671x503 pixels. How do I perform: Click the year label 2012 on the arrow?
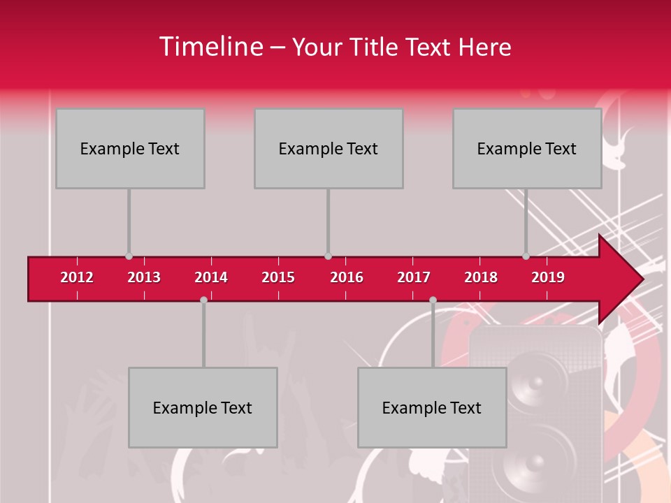(77, 277)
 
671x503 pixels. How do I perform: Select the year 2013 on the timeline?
(144, 277)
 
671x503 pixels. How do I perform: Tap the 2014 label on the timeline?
(211, 277)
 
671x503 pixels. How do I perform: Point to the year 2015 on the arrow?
(278, 277)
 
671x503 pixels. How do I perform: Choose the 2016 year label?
(347, 277)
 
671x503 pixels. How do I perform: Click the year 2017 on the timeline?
(414, 277)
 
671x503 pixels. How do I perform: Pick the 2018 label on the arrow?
(481, 277)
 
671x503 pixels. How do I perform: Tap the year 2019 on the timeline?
(548, 277)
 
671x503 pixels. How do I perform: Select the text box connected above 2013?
(130, 148)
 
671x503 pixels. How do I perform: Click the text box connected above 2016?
(329, 148)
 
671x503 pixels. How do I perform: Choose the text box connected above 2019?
(527, 148)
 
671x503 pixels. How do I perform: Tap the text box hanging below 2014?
(203, 407)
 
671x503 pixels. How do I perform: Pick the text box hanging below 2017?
(432, 407)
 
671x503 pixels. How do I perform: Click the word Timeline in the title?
(210, 47)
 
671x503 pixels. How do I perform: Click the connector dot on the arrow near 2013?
(129, 256)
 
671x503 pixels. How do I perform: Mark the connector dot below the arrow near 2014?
(203, 300)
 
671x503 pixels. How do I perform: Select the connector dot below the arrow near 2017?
(433, 300)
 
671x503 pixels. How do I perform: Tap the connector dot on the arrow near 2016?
(328, 256)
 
